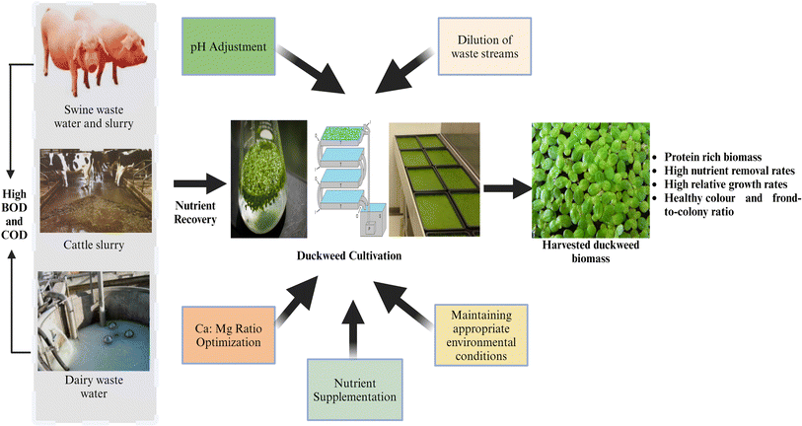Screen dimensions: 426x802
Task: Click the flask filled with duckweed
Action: point(262,181)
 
